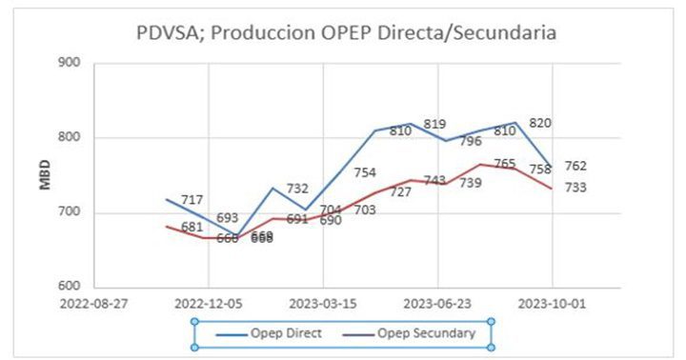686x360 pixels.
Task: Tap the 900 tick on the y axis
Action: click(x=70, y=63)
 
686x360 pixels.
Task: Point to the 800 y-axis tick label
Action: click(x=70, y=138)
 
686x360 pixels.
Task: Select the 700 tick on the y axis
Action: click(x=70, y=213)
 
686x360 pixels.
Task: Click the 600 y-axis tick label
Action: click(x=70, y=288)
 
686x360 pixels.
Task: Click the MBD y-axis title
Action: click(x=45, y=174)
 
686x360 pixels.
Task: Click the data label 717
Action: click(x=192, y=200)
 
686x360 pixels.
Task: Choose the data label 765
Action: click(x=505, y=165)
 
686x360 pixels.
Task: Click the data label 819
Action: click(x=434, y=124)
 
